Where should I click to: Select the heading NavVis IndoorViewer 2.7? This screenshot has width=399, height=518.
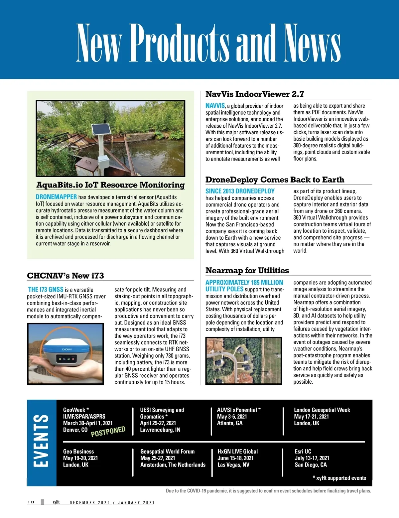click(x=255, y=94)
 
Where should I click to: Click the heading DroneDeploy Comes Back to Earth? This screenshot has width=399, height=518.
click(x=275, y=180)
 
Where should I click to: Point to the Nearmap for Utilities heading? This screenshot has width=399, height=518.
click(x=247, y=270)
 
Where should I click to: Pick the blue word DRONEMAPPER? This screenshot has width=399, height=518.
click(x=56, y=197)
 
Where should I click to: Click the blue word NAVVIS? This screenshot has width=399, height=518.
click(x=215, y=106)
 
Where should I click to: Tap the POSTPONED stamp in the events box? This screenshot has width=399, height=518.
click(x=108, y=431)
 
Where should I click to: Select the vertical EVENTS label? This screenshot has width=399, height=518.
click(x=41, y=441)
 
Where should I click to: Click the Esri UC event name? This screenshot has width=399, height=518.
click(x=303, y=451)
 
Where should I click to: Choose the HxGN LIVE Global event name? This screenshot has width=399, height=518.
click(x=237, y=451)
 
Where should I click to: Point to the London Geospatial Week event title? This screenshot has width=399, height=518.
click(x=322, y=410)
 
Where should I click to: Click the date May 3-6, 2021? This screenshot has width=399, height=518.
click(x=232, y=417)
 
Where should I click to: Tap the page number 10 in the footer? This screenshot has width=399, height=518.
click(x=31, y=502)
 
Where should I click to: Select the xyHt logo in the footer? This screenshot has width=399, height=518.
click(x=56, y=502)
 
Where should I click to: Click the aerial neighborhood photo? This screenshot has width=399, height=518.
click(x=243, y=361)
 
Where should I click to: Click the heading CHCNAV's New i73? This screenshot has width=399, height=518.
click(x=66, y=276)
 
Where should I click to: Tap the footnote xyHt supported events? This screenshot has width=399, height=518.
click(x=339, y=478)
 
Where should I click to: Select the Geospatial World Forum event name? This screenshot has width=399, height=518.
click(x=167, y=451)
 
